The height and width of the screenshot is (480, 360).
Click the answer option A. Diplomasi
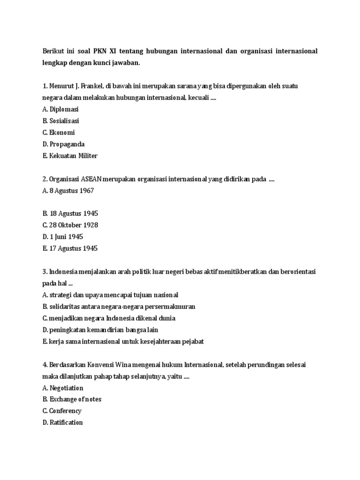60,109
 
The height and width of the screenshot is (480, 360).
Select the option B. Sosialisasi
60,121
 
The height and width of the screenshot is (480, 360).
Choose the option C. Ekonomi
59,133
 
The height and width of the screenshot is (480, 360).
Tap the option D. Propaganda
63,144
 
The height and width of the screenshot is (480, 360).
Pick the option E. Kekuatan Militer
70,156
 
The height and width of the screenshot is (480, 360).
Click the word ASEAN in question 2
94,179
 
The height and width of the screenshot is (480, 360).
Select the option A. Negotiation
63,388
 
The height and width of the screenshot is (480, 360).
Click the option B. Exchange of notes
72,399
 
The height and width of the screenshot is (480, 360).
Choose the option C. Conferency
62,411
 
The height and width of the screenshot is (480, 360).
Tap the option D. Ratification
62,422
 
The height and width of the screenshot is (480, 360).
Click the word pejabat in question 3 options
191,341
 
